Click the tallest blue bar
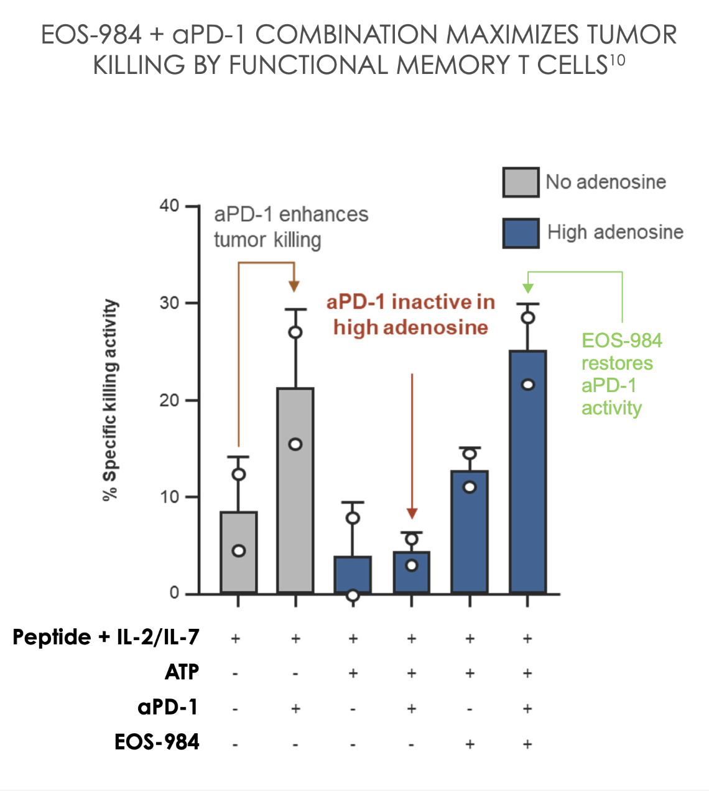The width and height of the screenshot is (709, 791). [527, 472]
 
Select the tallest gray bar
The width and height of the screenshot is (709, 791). [295, 491]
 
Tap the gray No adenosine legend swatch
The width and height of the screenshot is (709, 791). [521, 182]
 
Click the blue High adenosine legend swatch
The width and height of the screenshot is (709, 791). [521, 233]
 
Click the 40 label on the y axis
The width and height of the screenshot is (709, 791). [169, 206]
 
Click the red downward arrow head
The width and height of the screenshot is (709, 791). [412, 513]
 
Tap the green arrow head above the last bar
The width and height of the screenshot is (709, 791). [527, 288]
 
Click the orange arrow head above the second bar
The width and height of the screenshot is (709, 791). [294, 286]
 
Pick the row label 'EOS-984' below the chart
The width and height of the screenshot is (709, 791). [157, 742]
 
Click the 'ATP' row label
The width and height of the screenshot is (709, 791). [182, 672]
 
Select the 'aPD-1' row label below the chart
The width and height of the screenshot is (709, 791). [167, 707]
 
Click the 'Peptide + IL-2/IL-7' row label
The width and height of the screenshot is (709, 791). [106, 638]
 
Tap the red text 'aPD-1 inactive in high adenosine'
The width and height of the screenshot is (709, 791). [410, 315]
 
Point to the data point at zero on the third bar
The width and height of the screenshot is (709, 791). [353, 595]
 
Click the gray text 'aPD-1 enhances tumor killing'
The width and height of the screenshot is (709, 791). [290, 227]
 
